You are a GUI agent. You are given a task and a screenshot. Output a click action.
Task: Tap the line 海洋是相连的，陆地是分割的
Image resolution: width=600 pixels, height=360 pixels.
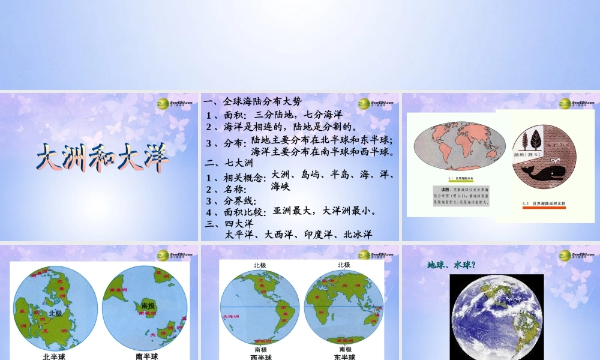pos(282,127)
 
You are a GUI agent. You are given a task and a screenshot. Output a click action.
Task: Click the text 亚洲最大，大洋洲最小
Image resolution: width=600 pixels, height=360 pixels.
pos(324,211)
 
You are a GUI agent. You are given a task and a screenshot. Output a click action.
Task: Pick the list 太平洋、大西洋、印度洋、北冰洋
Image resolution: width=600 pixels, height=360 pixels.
pos(298,235)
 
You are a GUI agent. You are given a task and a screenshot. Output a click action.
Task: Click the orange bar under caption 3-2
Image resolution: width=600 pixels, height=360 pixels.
pos(544,209)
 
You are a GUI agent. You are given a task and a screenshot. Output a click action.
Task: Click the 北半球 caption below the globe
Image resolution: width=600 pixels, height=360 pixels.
pos(54,356)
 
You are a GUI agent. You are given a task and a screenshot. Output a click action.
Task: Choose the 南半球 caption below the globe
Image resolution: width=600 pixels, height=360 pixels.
pos(146,356)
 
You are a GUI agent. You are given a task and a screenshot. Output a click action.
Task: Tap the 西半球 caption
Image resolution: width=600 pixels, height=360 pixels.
pos(260,356)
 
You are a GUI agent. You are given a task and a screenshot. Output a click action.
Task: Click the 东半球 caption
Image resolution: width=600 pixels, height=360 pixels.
pos(344,356)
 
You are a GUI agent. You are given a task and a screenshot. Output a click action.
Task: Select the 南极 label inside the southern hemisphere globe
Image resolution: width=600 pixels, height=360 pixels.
pos(148,306)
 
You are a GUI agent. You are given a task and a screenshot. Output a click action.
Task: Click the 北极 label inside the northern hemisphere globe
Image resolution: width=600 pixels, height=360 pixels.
pos(56,313)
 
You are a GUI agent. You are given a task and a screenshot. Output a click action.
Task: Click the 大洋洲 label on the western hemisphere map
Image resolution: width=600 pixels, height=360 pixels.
pos(230,316)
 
